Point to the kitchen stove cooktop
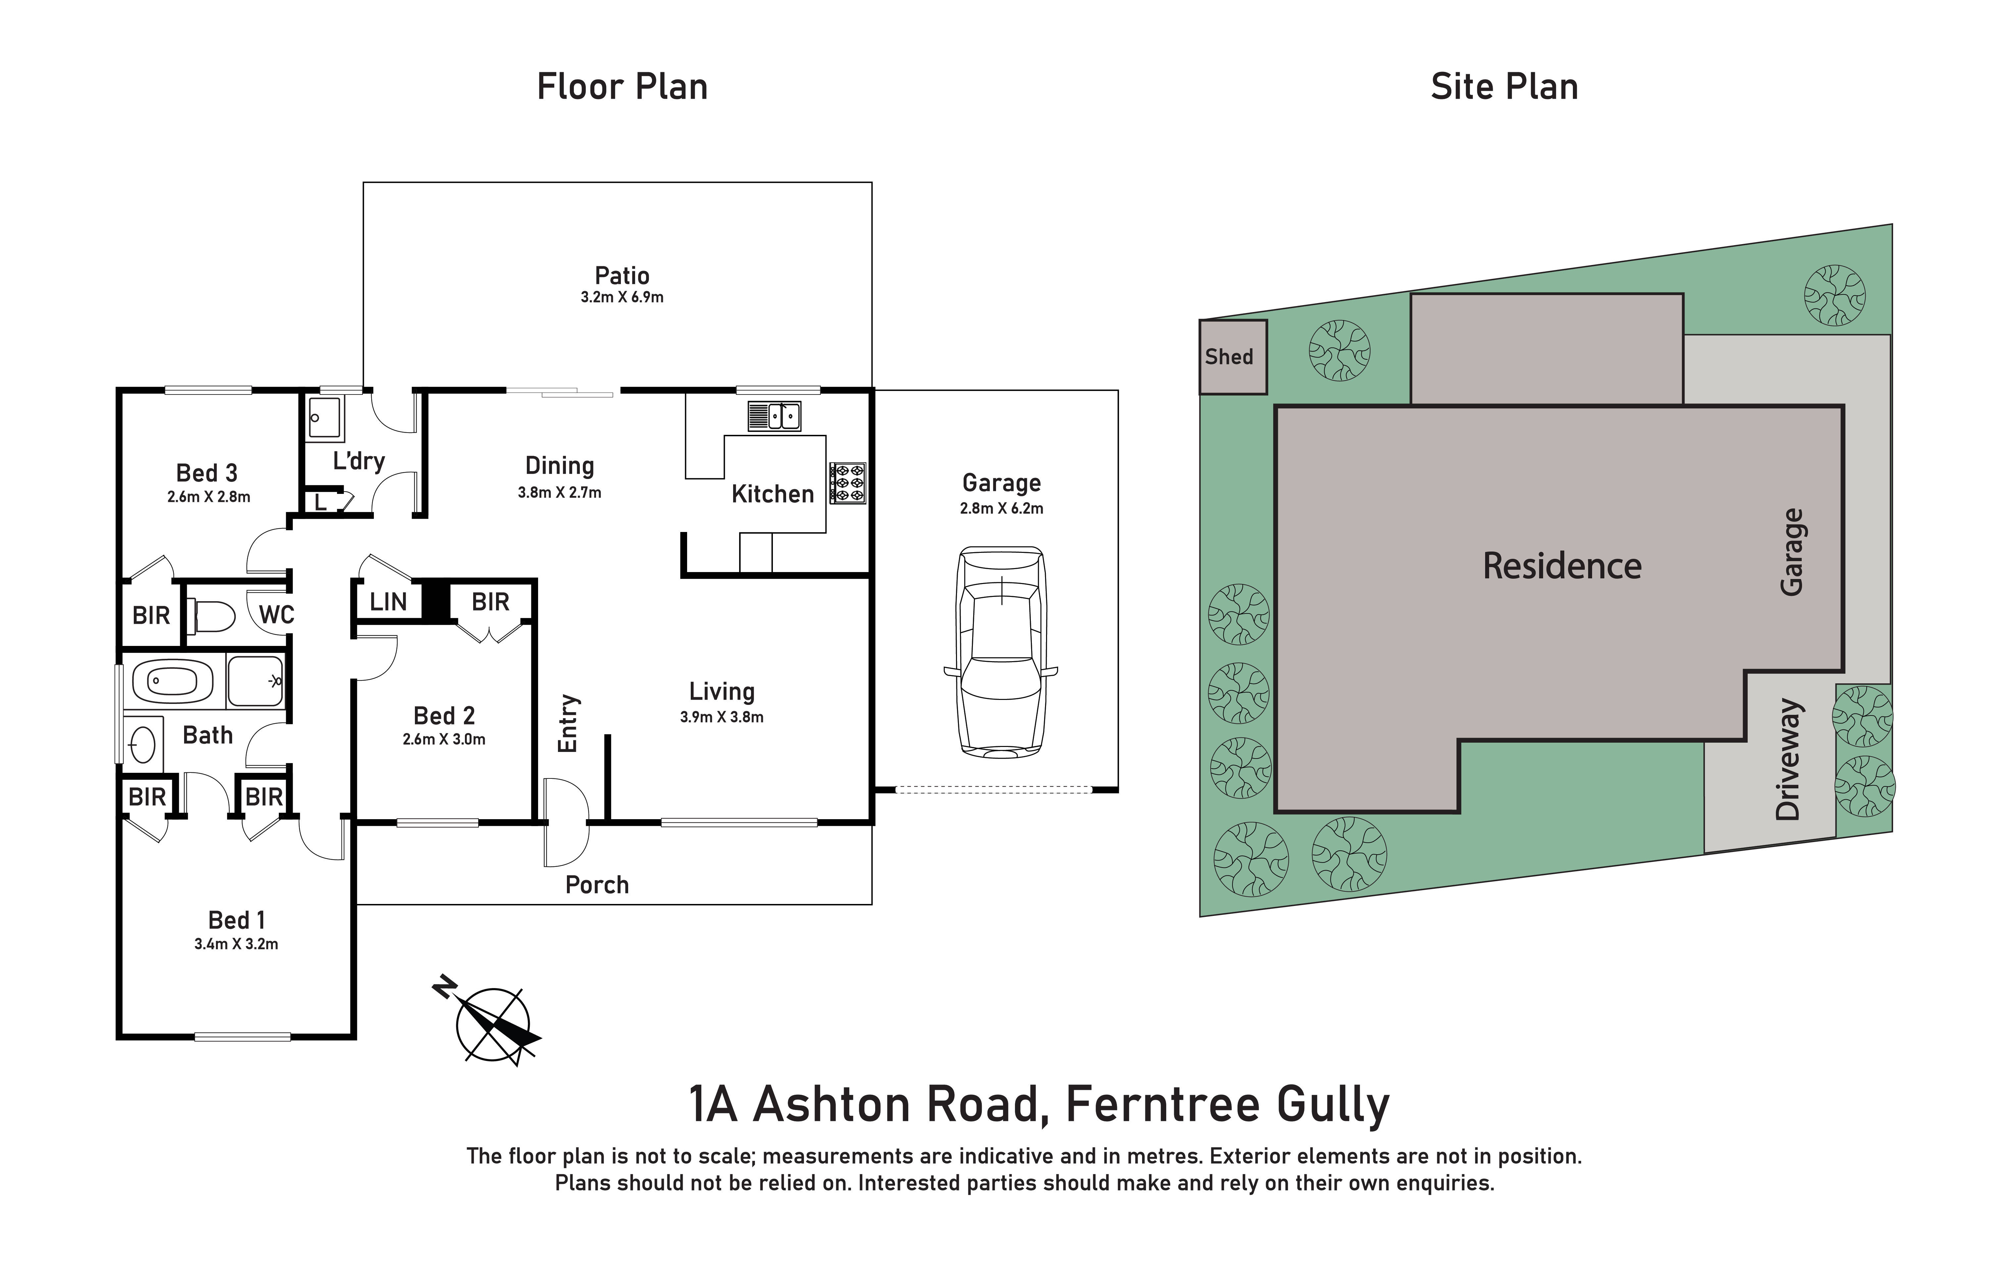point(847,483)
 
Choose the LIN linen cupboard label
point(388,602)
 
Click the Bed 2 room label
point(444,715)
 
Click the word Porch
point(596,884)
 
